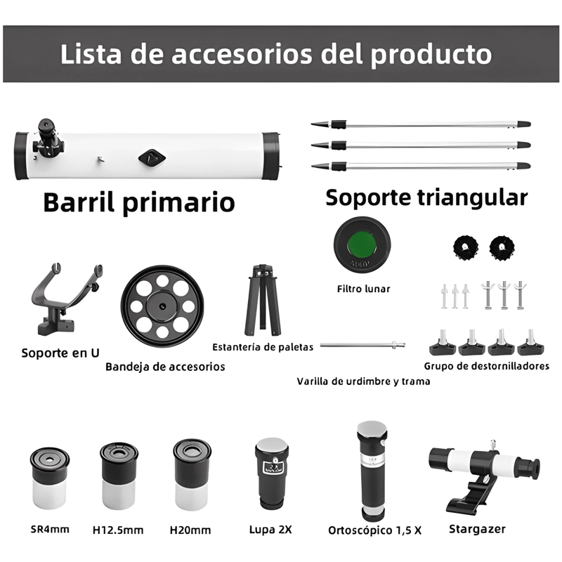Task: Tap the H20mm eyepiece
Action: (192, 476)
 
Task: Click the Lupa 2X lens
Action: (272, 473)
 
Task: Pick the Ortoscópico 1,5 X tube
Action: (372, 471)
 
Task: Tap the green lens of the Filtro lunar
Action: (361, 244)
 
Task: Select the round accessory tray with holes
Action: (162, 306)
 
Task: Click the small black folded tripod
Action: (263, 301)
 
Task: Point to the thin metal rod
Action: (362, 345)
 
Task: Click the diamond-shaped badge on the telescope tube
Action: (152, 157)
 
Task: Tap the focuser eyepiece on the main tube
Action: (47, 138)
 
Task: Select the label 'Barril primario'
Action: (139, 202)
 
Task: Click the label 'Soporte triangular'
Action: (426, 197)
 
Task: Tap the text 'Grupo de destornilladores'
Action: (487, 366)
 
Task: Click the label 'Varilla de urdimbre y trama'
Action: (363, 381)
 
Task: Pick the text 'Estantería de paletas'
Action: (263, 347)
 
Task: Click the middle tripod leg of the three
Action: (421, 145)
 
